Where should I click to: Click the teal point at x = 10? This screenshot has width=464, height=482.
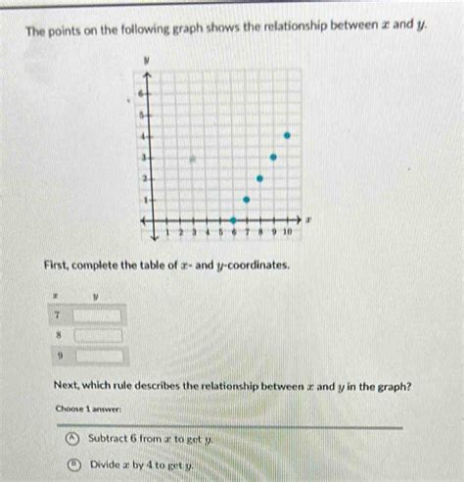pyautogui.click(x=287, y=135)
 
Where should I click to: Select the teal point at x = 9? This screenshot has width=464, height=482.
pyautogui.click(x=273, y=157)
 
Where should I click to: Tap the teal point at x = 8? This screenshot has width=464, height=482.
pyautogui.click(x=259, y=178)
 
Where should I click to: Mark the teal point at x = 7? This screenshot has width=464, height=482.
pyautogui.click(x=247, y=200)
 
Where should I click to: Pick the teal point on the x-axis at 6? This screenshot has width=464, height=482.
pyautogui.click(x=233, y=220)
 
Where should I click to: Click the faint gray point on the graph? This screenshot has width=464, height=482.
pyautogui.click(x=194, y=157)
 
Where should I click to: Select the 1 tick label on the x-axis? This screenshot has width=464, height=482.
pyautogui.click(x=167, y=233)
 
